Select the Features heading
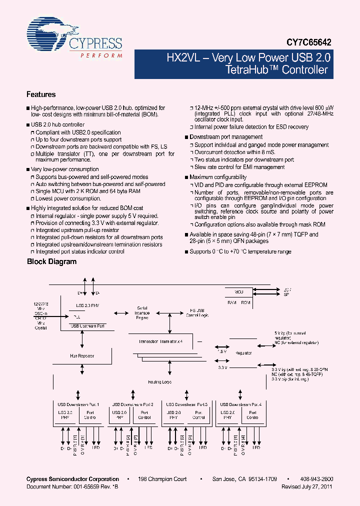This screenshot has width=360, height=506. coord(40,94)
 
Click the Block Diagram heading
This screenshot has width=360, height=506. coord(51,262)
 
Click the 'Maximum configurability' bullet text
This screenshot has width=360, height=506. coord(218,177)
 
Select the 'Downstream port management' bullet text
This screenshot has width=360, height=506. coord(226,136)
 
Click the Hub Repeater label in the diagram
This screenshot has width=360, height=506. coord(81,356)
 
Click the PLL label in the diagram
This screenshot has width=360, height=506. coord(76,316)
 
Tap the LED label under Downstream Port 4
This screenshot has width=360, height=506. coord(256,447)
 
